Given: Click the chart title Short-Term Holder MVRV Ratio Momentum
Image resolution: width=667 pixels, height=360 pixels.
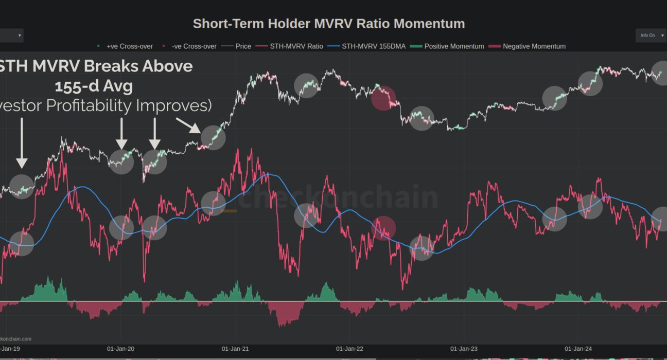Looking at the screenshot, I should [328, 24].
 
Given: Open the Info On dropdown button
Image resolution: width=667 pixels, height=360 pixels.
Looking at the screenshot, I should [651, 35].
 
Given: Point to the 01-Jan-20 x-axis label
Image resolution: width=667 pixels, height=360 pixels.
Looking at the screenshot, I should [121, 349].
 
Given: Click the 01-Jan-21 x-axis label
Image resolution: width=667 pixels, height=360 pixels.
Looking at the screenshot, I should [236, 349].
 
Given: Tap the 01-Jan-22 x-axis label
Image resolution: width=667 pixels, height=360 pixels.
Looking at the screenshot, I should [350, 349].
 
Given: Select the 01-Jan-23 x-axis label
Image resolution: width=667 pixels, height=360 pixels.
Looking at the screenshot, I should [464, 349].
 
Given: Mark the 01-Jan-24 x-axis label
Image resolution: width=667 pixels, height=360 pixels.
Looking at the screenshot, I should [578, 349].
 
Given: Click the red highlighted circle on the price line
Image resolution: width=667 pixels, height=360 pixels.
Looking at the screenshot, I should [383, 98].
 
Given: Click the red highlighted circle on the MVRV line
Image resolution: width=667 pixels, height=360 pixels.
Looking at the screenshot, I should [383, 228].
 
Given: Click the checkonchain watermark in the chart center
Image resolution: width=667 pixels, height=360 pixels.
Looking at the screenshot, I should [337, 199].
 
